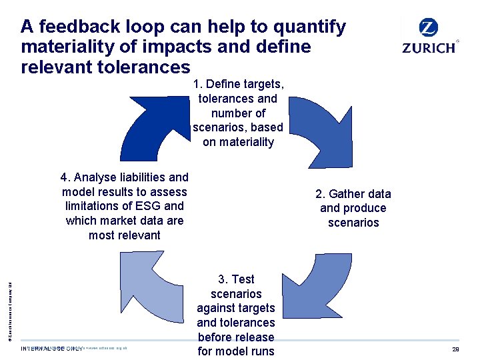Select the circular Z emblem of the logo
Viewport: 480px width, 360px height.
429,28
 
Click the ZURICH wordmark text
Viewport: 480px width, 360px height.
429,47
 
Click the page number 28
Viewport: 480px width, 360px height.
456,349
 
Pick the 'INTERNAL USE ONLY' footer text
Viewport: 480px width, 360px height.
53,349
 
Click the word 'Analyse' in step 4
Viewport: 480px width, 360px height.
94,177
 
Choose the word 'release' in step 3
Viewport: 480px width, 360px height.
255,337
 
